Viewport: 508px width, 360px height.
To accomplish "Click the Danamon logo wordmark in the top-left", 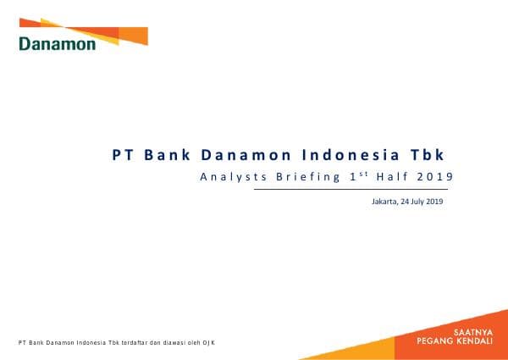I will pyautogui.click(x=58, y=43).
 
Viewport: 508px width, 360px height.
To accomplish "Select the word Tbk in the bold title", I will pyautogui.click(x=427, y=156).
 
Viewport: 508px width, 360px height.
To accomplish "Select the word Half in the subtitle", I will pyautogui.click(x=395, y=177).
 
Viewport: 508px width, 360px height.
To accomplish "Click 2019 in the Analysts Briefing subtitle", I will pyautogui.click(x=434, y=177).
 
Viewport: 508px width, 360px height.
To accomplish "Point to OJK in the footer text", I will pyautogui.click(x=208, y=342).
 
